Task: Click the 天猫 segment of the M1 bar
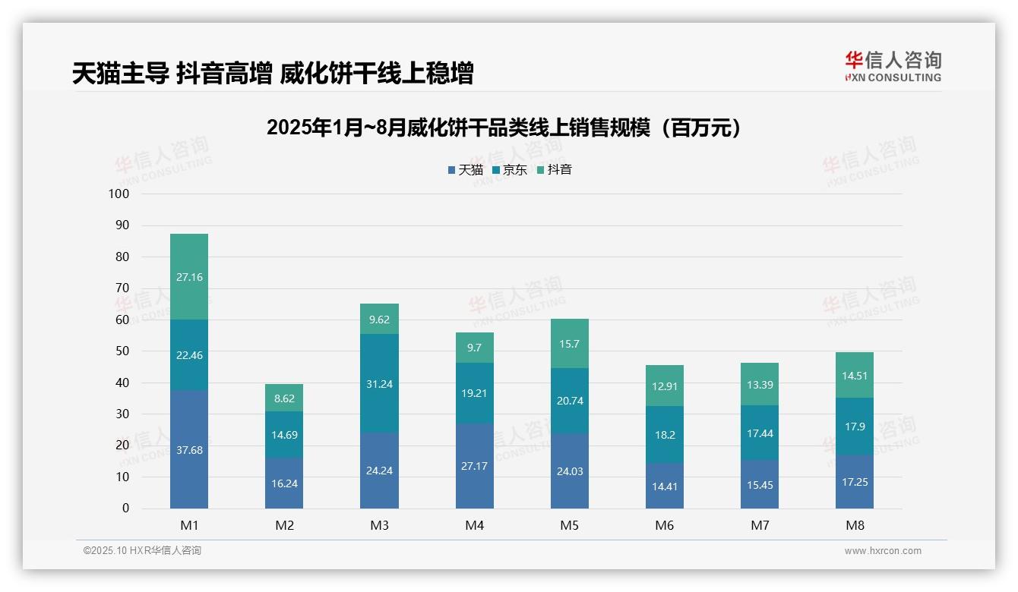[189, 450]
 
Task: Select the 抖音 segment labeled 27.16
[189, 277]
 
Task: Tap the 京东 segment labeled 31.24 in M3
[379, 384]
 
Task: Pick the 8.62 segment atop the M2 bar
[284, 398]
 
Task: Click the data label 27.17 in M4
[474, 465]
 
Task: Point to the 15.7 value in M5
[569, 344]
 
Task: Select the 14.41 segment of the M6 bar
[664, 487]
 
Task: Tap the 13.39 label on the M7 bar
[759, 385]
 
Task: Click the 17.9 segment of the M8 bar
[854, 427]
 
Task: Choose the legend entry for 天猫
[466, 170]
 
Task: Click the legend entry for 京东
[510, 170]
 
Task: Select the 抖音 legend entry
[555, 170]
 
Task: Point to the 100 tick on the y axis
[119, 194]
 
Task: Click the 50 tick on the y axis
[122, 351]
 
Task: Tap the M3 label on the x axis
[379, 525]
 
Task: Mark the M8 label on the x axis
[854, 525]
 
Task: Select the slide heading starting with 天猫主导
[273, 74]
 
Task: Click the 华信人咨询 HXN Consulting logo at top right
[893, 67]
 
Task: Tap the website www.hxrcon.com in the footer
[882, 551]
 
